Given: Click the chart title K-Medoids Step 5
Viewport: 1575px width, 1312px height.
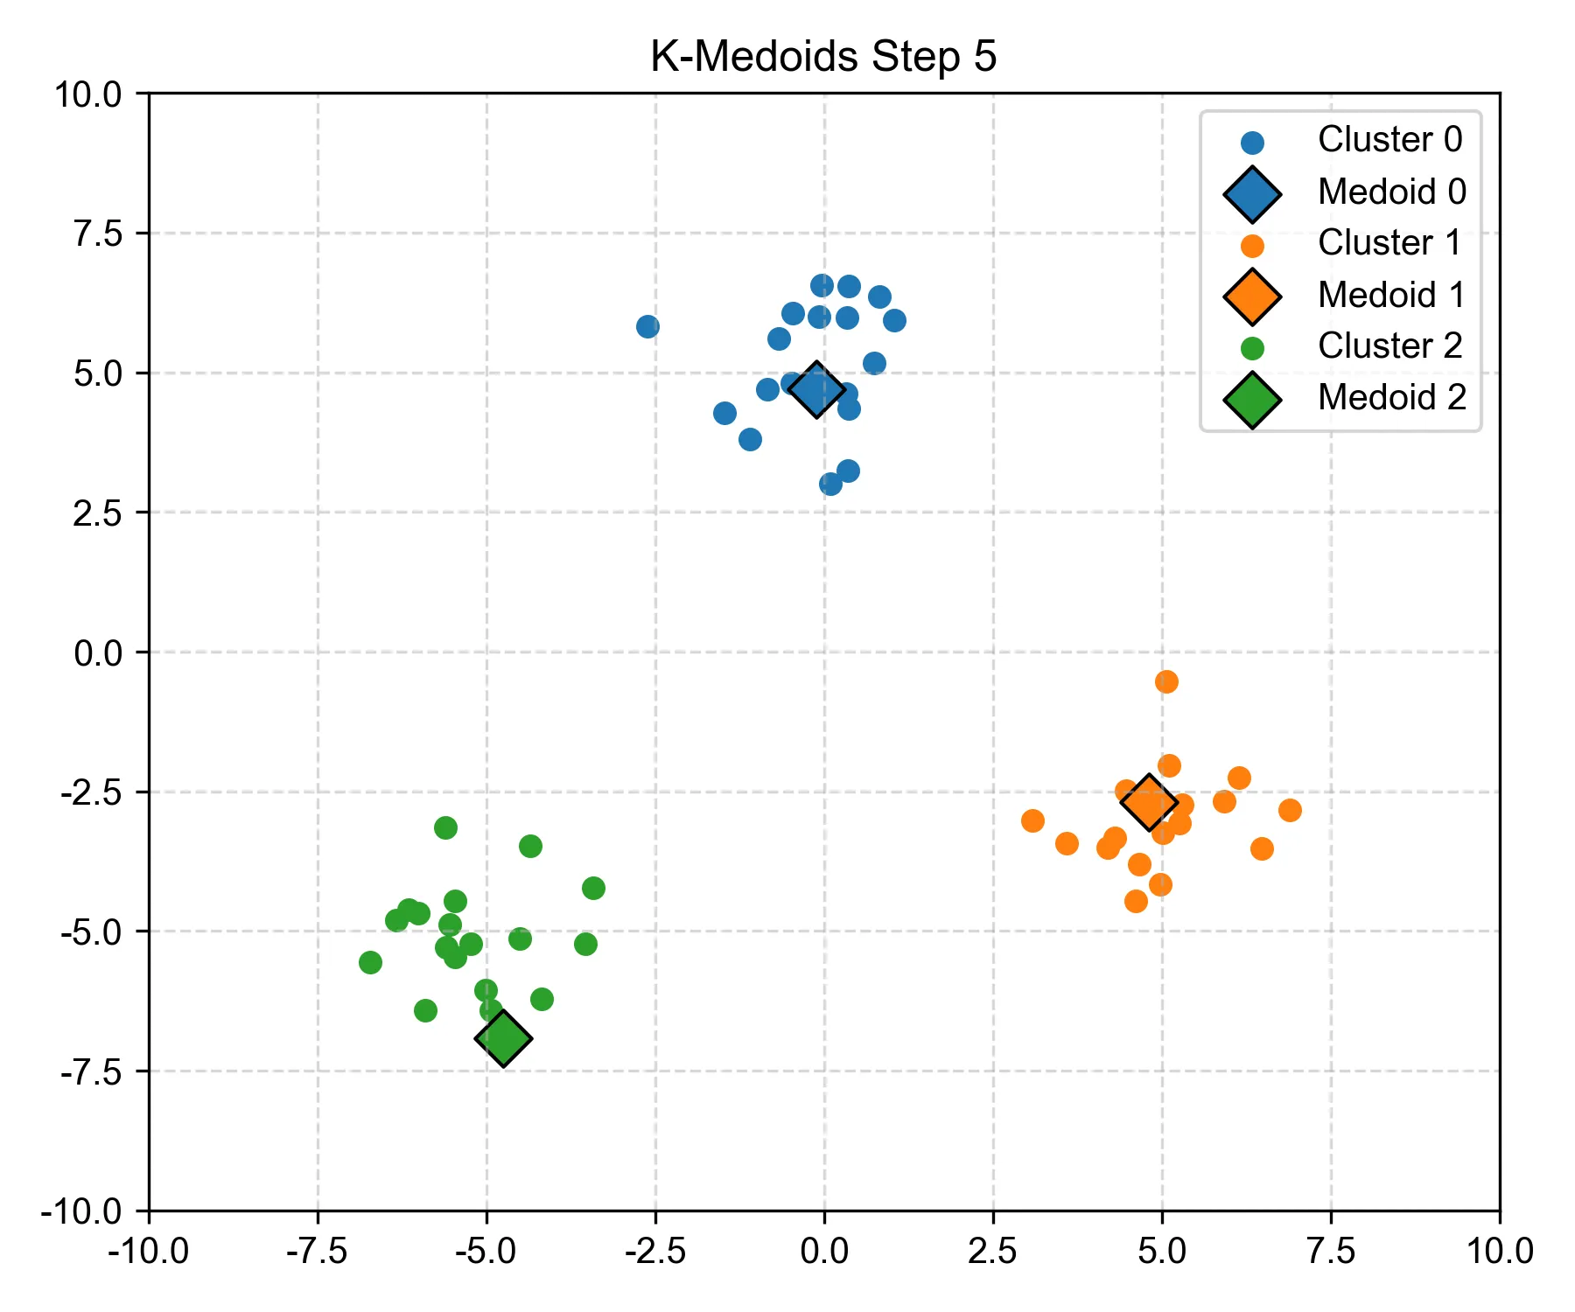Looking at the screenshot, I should pos(823,57).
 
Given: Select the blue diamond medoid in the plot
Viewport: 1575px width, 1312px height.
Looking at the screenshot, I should pos(816,389).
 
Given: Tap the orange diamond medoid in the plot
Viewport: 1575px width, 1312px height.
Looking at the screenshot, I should pos(1149,802).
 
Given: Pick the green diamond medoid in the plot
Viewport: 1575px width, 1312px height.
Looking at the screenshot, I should pos(503,1038).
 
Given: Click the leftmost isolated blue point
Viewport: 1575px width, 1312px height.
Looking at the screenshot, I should pos(647,326).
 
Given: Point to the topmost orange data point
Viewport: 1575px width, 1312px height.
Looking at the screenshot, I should pos(1166,681).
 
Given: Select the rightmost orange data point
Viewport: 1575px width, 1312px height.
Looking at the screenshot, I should pos(1290,810).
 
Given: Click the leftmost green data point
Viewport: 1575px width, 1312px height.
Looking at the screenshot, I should pos(370,962).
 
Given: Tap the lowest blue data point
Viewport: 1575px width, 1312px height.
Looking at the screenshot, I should pos(831,484).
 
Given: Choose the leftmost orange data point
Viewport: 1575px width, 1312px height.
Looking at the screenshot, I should pos(1032,820).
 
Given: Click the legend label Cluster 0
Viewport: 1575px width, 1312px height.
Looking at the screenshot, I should pos(1389,140).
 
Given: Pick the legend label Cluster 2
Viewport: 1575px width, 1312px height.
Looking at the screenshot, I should pos(1389,346).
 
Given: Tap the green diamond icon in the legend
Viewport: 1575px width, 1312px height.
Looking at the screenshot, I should pos(1252,400).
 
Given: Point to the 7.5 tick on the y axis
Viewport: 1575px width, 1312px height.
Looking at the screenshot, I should pos(98,234).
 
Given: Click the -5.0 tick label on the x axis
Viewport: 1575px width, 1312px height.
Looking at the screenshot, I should pos(486,1251).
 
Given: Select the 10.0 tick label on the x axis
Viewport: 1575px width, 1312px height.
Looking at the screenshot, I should pos(1499,1251).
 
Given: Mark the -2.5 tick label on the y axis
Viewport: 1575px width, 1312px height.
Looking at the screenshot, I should pos(93,792).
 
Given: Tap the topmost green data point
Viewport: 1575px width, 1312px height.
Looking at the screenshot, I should pos(445,827).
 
